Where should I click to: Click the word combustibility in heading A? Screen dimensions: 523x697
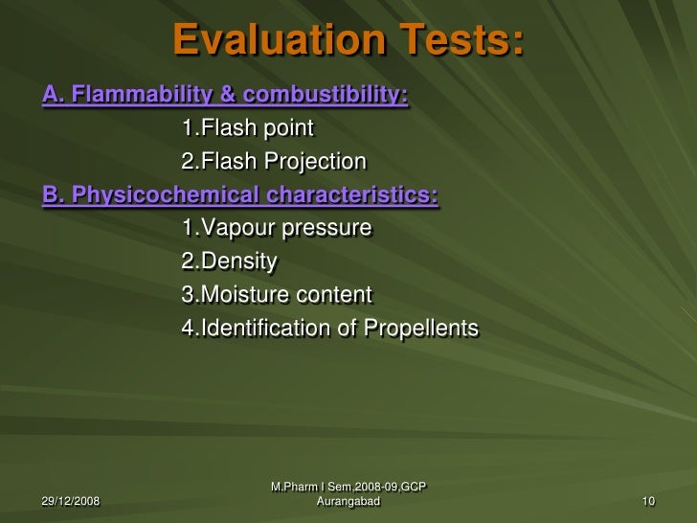[326, 96]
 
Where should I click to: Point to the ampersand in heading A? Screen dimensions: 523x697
[230, 96]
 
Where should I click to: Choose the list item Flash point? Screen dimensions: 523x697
[247, 127]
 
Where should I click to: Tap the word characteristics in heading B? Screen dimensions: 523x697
[352, 195]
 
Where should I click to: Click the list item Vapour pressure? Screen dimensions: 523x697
[276, 228]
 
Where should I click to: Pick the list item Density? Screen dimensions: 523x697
[229, 261]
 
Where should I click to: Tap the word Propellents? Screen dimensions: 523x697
[420, 329]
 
